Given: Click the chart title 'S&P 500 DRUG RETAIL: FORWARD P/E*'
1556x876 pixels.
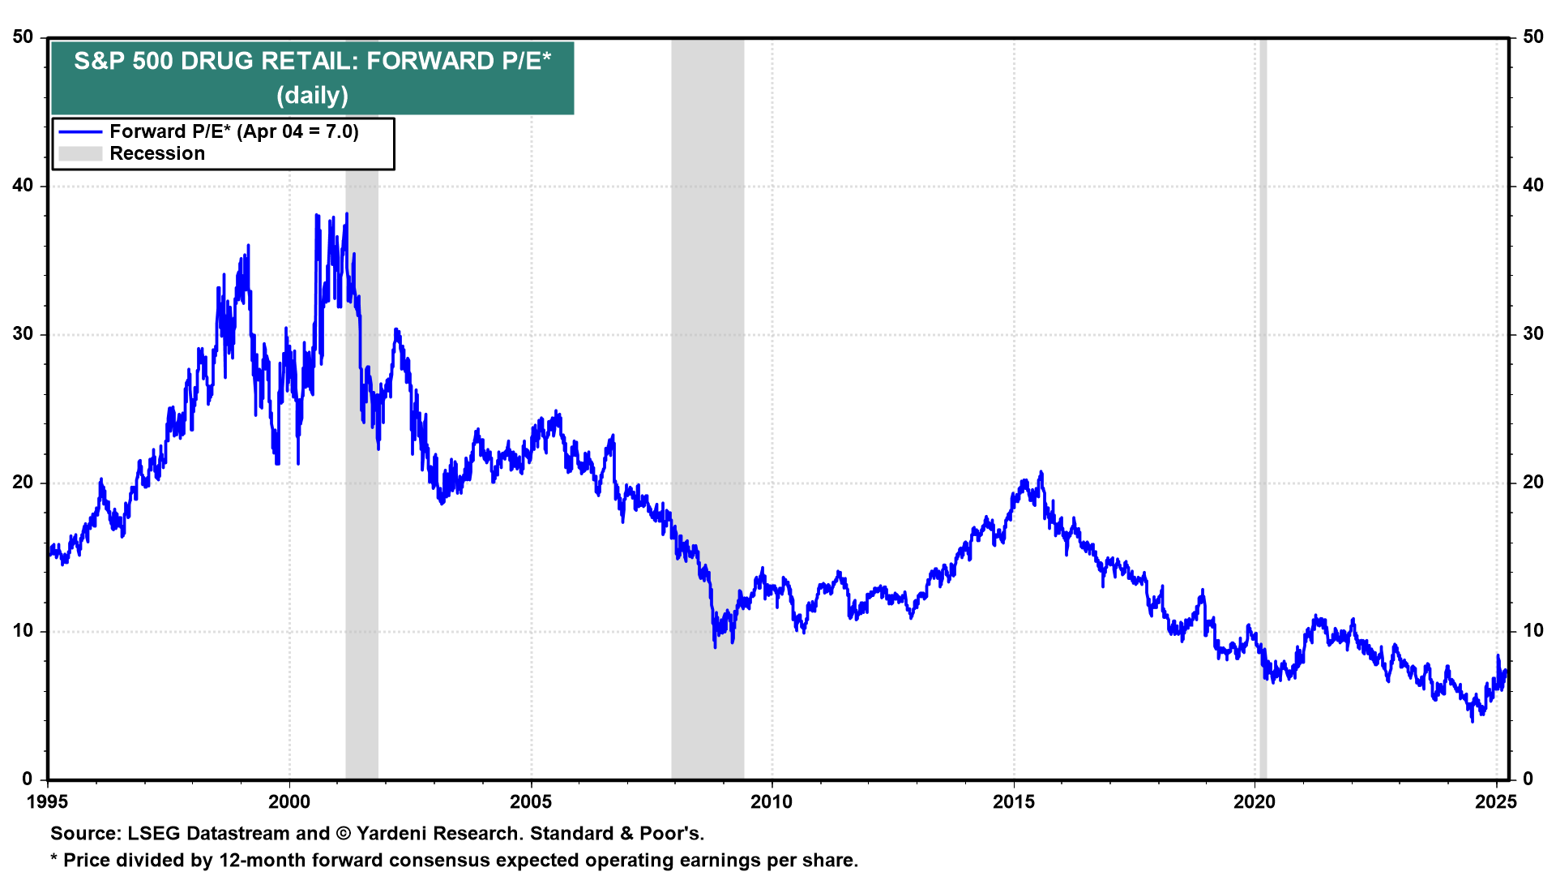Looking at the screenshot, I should pos(312,61).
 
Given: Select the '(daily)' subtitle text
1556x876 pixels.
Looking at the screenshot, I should pos(312,96).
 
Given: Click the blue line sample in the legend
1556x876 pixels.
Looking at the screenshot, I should pos(80,132).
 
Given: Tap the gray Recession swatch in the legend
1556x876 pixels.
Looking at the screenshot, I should pos(80,154).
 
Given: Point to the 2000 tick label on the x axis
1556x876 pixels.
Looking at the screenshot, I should pos(289,802).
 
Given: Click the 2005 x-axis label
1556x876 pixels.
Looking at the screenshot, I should pos(531,802).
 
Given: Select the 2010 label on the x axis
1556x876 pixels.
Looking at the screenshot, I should pos(772,802).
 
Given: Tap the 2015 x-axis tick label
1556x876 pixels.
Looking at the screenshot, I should pos(1013,802).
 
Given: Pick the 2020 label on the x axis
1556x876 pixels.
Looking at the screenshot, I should pos(1254,802).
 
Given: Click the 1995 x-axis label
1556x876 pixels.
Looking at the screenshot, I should pos(48,802).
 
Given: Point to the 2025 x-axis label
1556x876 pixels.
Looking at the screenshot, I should pos(1495,802).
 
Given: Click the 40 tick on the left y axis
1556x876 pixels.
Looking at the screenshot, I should pos(23,186).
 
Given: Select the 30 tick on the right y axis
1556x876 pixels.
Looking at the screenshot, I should pos(1532,334).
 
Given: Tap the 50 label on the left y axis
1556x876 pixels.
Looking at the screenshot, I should pos(23,37).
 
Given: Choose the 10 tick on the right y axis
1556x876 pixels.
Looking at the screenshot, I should pos(1532,631).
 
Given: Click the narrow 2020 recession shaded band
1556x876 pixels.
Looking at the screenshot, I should pos(1263,406).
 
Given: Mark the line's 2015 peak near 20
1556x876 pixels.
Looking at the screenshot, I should pos(1041,472).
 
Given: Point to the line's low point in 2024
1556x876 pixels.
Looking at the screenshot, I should pos(1473,720).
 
